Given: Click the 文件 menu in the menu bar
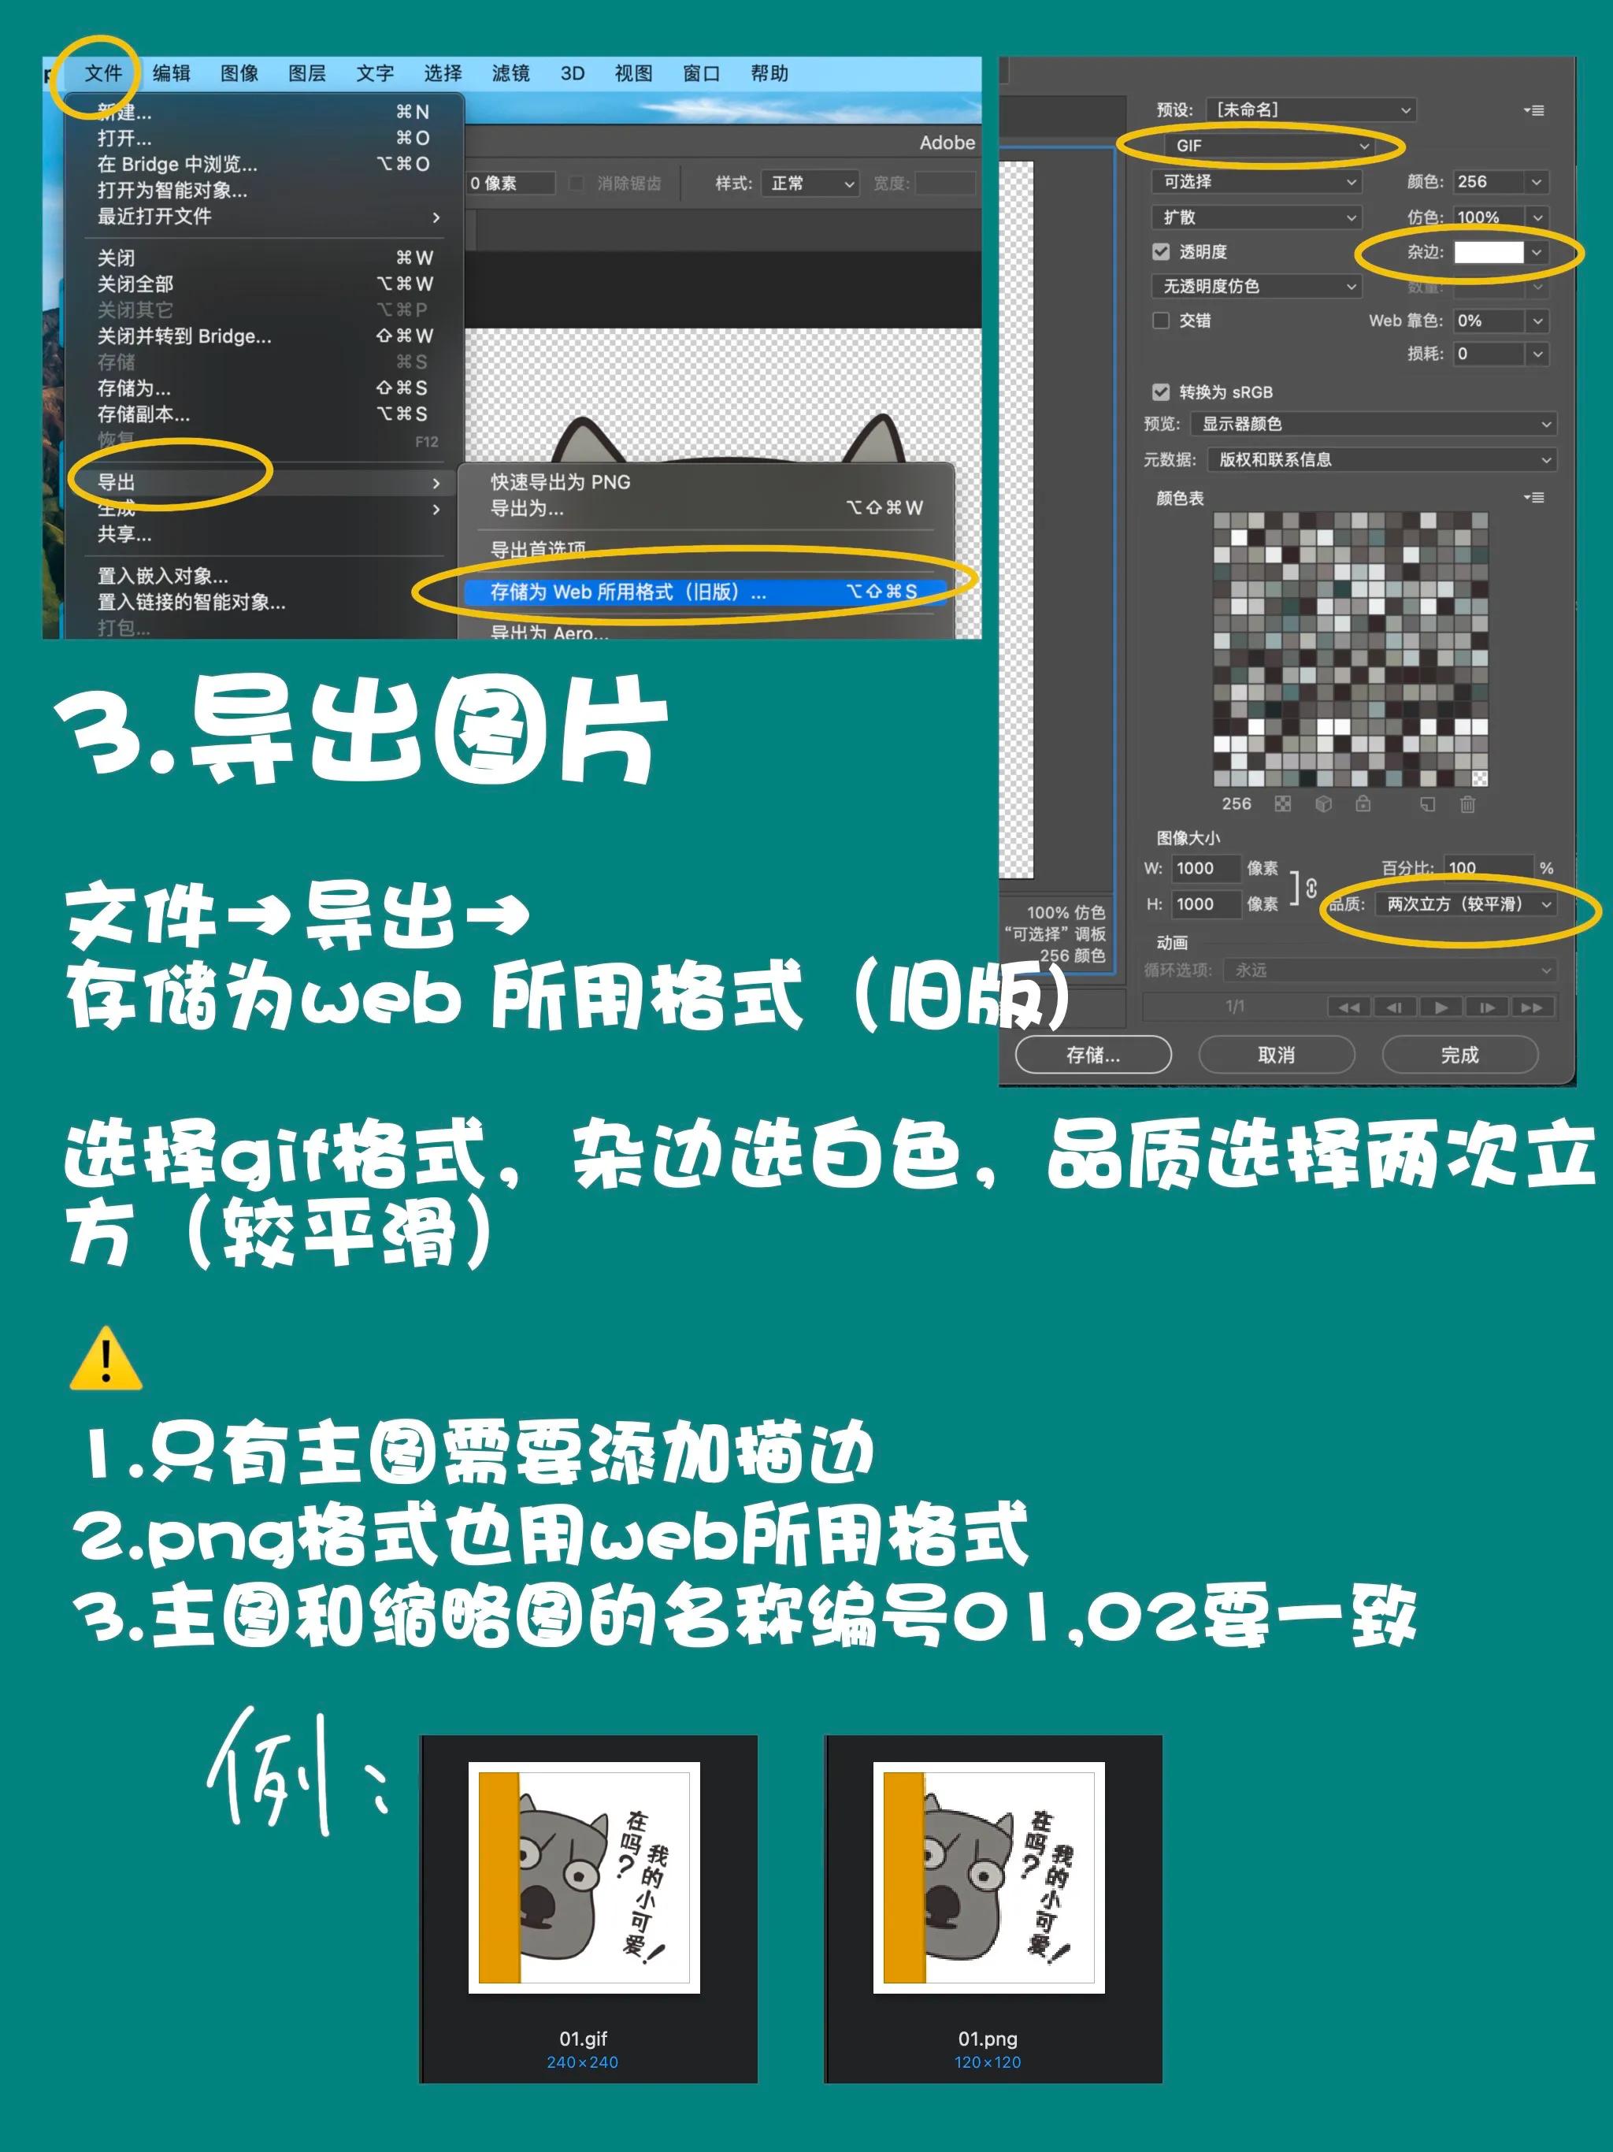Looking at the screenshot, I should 102,73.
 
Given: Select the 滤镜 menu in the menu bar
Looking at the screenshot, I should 510,73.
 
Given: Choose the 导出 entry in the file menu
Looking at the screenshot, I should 117,481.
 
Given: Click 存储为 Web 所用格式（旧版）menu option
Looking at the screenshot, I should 628,592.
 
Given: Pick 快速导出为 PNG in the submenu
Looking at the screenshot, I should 559,481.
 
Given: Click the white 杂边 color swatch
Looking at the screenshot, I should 1488,252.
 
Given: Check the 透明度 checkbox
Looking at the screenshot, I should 1161,252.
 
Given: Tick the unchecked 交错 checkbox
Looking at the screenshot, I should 1161,320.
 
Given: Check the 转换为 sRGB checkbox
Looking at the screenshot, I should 1161,392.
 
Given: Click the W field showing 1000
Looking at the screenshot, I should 1203,868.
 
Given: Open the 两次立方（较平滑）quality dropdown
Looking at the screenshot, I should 1467,903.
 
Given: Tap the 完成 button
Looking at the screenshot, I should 1459,1055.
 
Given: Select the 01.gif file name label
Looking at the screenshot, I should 583,2038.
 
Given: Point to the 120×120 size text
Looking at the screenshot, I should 988,2061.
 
